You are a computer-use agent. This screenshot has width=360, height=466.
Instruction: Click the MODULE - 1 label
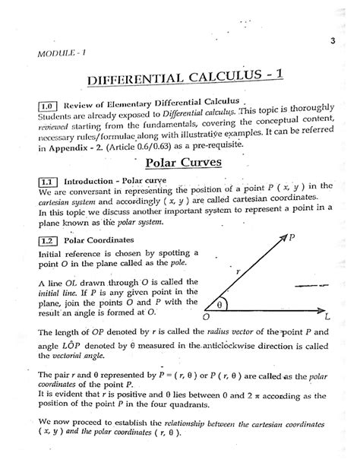[x=51, y=52]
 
